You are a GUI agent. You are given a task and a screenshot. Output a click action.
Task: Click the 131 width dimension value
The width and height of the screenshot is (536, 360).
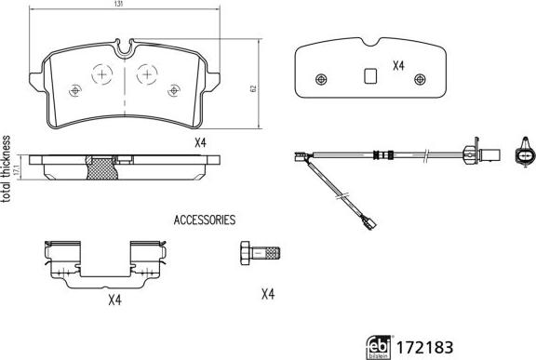pos(118,4)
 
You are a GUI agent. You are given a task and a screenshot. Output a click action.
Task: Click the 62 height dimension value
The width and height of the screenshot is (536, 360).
pos(253,88)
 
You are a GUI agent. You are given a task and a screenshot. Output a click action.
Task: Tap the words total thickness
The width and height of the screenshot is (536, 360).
pos(6,169)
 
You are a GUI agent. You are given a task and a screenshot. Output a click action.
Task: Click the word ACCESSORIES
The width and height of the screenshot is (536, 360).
pos(205,220)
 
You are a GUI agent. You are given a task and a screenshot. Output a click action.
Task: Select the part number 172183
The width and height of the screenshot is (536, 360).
pos(424,347)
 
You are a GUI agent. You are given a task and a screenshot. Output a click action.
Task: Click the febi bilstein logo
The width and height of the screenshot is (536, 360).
pos(379,347)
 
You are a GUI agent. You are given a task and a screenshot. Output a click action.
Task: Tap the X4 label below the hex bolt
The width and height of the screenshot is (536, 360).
pos(268,294)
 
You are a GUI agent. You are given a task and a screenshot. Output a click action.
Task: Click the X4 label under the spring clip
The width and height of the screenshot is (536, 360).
pos(114,300)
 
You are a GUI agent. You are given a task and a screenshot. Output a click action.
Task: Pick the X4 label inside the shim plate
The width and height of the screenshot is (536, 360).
pos(398,65)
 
